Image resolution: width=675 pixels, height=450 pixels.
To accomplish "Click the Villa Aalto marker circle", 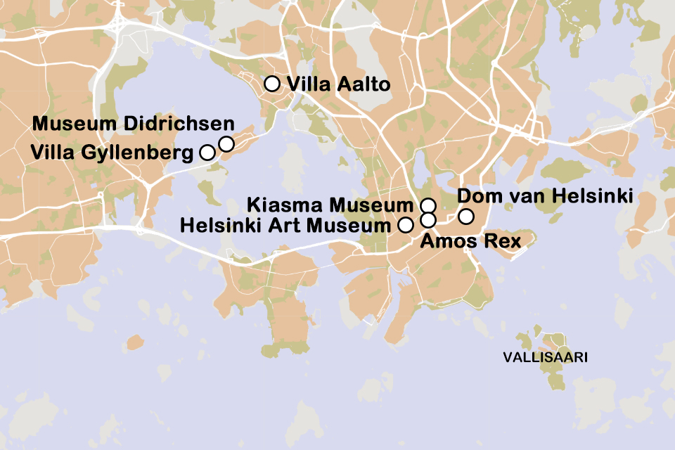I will click(x=271, y=84).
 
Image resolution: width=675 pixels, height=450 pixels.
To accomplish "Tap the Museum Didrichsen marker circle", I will click(x=226, y=144).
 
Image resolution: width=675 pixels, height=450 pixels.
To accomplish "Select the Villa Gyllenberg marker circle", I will click(x=207, y=152).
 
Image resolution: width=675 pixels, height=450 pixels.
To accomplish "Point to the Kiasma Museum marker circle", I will click(x=427, y=206).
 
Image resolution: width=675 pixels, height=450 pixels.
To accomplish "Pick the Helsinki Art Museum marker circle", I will click(x=405, y=225).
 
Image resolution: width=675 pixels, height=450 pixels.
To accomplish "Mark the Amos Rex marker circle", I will click(x=427, y=220).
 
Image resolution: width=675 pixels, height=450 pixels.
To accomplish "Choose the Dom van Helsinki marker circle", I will click(x=465, y=216).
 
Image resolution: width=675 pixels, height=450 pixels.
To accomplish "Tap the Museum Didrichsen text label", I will click(x=134, y=124).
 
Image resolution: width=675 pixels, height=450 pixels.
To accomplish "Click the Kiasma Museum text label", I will click(x=329, y=206).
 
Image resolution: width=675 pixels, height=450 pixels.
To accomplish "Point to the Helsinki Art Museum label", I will click(x=284, y=226).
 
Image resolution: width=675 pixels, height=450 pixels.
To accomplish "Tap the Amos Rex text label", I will click(x=470, y=243).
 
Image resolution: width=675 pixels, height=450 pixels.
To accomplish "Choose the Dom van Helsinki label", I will click(x=546, y=195).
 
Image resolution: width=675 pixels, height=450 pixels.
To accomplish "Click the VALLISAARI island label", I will click(x=546, y=358).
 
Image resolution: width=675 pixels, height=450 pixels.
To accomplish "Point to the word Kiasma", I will click(x=287, y=206).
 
